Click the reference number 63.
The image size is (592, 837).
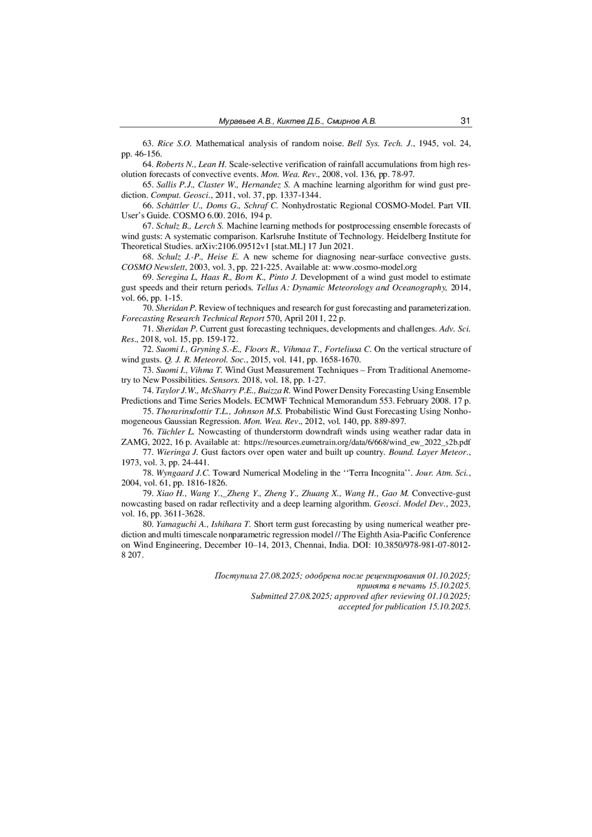[148, 144]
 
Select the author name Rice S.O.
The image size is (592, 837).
[174, 144]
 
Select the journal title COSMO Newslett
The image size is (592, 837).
[153, 267]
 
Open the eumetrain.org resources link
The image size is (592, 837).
[357, 442]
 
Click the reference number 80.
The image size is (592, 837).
[148, 524]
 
